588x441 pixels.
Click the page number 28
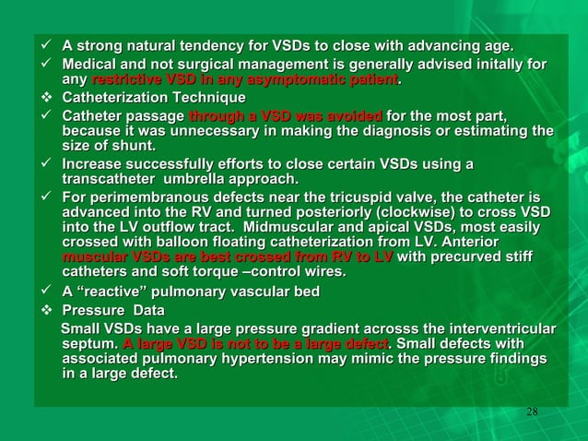click(x=531, y=411)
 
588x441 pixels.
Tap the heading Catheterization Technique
click(x=154, y=98)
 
